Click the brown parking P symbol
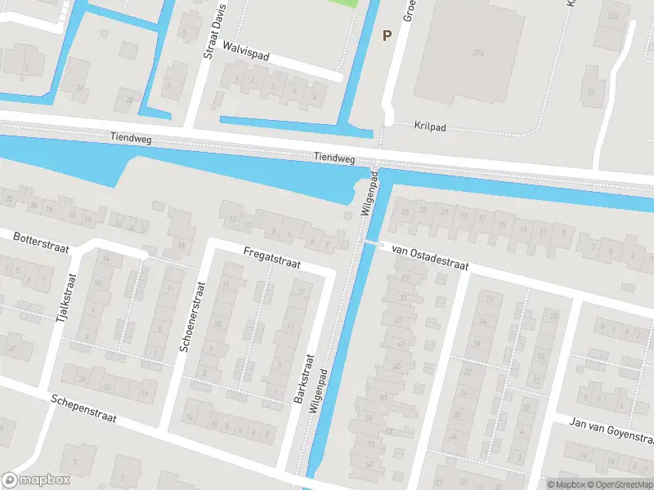tap(387, 35)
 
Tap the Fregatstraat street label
tap(272, 259)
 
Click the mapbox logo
tap(36, 480)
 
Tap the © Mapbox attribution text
tap(566, 483)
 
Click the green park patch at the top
tap(343, 2)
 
